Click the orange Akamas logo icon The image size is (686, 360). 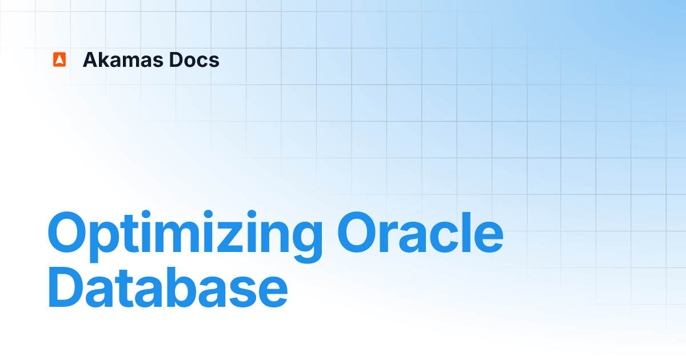point(59,60)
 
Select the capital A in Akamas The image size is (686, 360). point(90,60)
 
